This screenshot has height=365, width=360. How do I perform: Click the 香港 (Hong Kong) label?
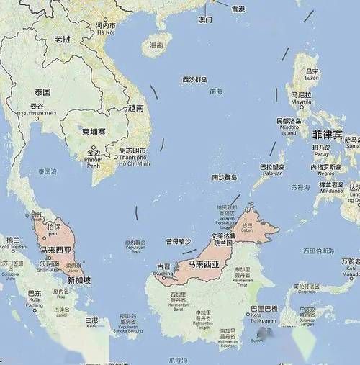coord(238,9)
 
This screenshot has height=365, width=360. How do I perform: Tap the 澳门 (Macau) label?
coord(205,19)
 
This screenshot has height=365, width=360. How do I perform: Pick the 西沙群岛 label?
coord(194,79)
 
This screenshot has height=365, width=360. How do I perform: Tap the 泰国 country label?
coord(42,92)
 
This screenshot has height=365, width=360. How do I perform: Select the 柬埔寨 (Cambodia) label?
coord(94,132)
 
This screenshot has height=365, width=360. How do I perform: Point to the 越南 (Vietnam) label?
coord(135,107)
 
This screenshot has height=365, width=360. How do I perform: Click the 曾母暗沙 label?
coord(179,242)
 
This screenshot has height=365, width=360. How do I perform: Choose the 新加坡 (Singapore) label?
coord(79,279)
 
